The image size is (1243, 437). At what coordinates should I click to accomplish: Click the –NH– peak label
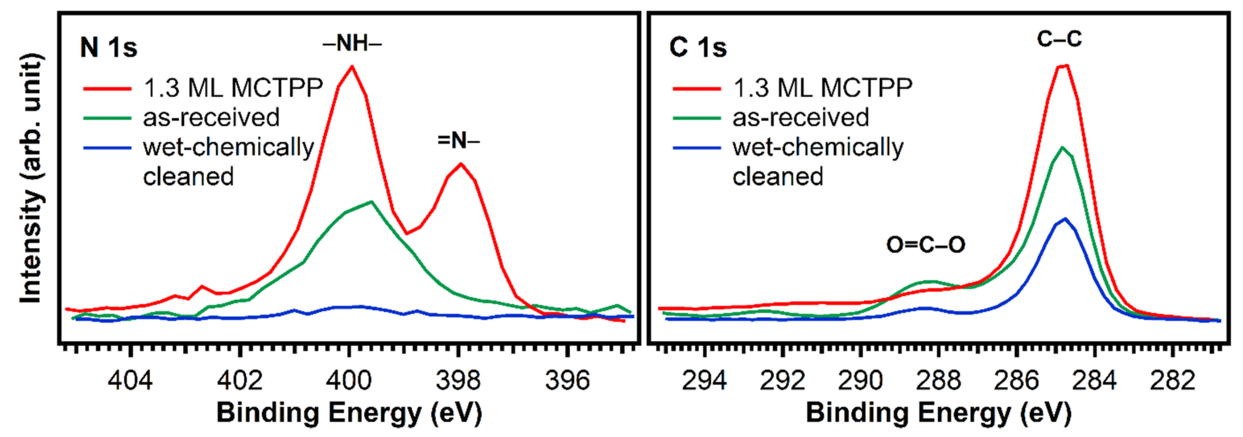tap(352, 44)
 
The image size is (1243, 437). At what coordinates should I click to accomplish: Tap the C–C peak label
tap(1059, 39)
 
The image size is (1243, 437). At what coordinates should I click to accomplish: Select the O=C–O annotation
tap(925, 245)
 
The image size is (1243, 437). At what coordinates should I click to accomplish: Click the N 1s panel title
tap(109, 47)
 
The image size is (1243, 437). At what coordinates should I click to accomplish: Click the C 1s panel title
tap(698, 47)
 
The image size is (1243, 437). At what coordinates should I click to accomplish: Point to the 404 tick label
tap(130, 381)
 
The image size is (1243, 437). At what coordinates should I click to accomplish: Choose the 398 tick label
tap(458, 381)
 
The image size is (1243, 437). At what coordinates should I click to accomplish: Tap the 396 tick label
tap(567, 381)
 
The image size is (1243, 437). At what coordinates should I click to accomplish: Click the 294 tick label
tap(704, 381)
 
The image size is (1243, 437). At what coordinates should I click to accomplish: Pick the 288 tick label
tap(938, 381)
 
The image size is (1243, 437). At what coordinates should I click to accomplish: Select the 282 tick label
tap(1172, 381)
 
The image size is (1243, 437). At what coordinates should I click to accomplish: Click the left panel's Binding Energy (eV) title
tap(349, 413)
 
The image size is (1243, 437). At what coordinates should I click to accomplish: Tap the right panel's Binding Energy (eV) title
tap(938, 413)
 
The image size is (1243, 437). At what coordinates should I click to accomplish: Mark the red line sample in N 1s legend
tap(107, 88)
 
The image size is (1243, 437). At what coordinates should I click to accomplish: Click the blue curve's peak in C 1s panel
tap(1065, 219)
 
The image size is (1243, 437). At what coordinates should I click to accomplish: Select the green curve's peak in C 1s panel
tap(1062, 147)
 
